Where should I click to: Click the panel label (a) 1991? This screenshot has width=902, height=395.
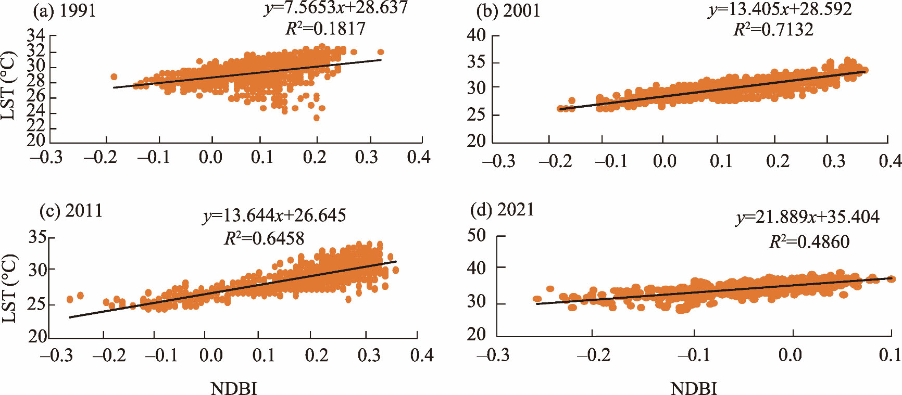(65, 11)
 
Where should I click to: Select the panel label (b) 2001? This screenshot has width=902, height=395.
(508, 11)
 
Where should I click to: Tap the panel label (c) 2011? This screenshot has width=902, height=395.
(71, 211)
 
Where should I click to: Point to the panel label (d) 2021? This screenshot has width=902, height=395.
(502, 210)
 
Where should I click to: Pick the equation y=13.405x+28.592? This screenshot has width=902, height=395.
(780, 9)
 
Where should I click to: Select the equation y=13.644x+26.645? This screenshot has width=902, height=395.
(274, 215)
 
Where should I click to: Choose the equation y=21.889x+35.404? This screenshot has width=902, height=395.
(808, 216)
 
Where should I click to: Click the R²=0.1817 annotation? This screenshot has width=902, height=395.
(325, 28)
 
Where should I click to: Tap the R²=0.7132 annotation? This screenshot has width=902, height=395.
(773, 29)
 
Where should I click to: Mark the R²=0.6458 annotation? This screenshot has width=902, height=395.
(264, 238)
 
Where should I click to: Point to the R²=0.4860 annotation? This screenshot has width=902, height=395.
(809, 241)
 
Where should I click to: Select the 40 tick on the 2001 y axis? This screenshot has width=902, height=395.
(476, 36)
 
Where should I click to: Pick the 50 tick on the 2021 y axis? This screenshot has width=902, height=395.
(476, 236)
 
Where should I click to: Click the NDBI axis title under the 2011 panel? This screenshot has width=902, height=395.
(234, 388)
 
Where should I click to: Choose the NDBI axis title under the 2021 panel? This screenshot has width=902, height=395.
(693, 388)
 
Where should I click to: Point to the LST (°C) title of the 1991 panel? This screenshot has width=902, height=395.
(9, 86)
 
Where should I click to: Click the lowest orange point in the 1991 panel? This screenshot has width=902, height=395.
(316, 118)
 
